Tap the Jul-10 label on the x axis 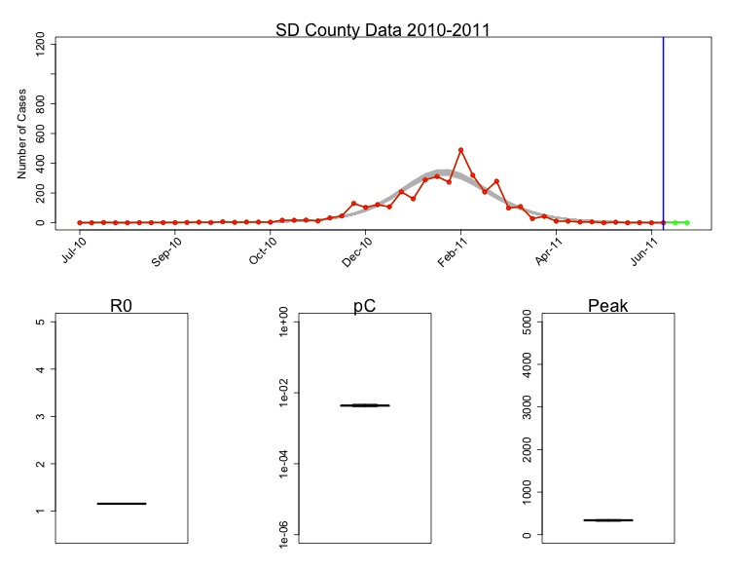pyautogui.click(x=74, y=250)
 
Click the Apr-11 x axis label pyautogui.click(x=551, y=250)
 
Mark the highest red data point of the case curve pyautogui.click(x=460, y=150)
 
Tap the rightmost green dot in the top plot pyautogui.click(x=687, y=223)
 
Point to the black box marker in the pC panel pyautogui.click(x=365, y=404)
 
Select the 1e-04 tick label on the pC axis pyautogui.click(x=286, y=465)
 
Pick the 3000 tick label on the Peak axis pyautogui.click(x=529, y=406)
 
